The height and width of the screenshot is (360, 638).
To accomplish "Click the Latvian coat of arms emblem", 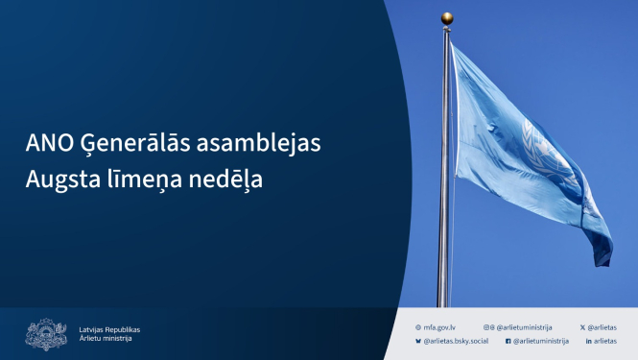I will click(x=46, y=334).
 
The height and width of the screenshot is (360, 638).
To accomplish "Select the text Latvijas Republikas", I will click(x=109, y=328).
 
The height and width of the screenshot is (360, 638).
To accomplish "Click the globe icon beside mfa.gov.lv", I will click(x=418, y=327).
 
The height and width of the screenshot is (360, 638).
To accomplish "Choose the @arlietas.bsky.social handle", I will click(x=456, y=341).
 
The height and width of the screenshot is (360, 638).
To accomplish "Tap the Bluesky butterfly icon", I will click(x=418, y=341).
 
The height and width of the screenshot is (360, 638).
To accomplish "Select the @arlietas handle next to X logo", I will click(x=603, y=327).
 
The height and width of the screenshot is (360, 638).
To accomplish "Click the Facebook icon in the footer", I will click(x=508, y=341).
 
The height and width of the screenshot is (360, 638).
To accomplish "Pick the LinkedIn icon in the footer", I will click(x=587, y=341).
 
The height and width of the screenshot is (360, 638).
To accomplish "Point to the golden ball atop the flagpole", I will click(x=447, y=17).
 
